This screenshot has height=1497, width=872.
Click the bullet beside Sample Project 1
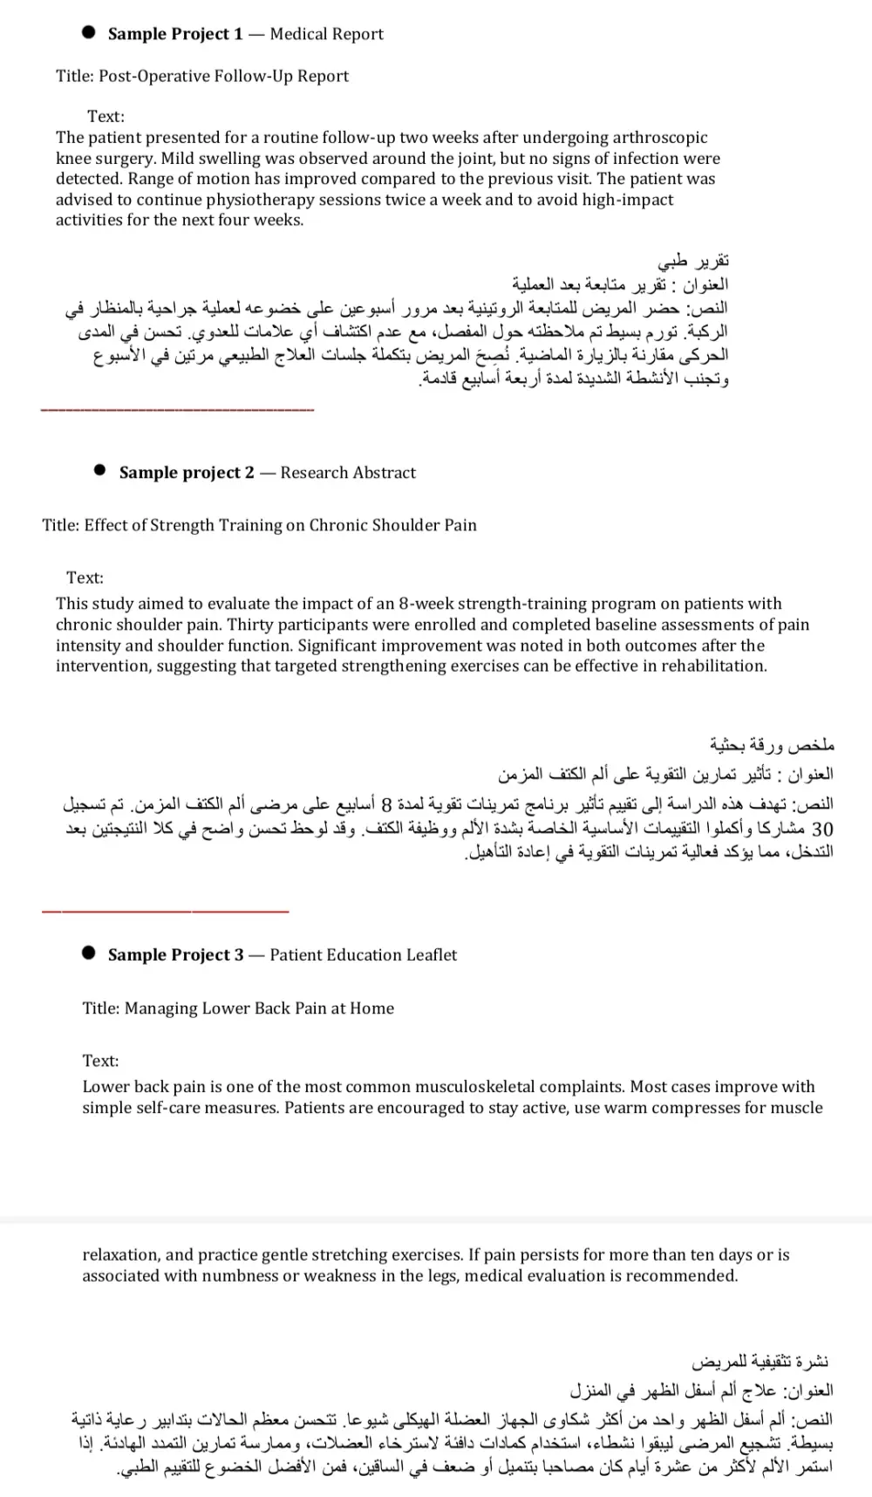(x=88, y=33)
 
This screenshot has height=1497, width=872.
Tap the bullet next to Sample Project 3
(x=88, y=953)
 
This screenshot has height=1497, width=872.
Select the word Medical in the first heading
(x=300, y=34)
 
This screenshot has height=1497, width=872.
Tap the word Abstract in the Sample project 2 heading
(x=385, y=473)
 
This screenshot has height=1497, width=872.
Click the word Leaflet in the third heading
(x=429, y=955)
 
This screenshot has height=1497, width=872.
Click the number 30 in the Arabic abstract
(x=821, y=828)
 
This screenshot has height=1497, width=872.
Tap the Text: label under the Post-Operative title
(x=106, y=116)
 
